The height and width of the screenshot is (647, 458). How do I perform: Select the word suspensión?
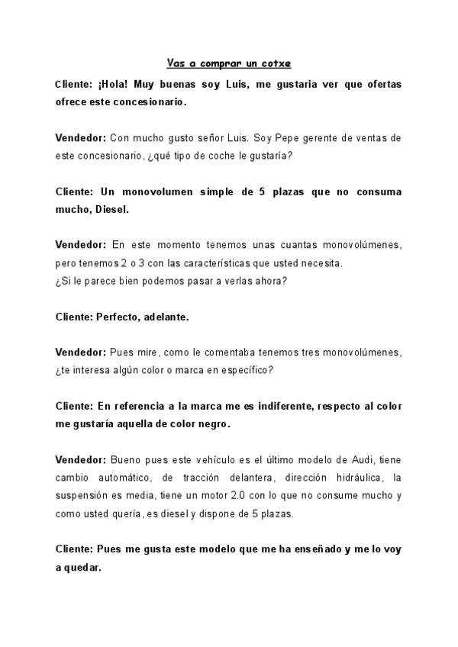click(x=82, y=495)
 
